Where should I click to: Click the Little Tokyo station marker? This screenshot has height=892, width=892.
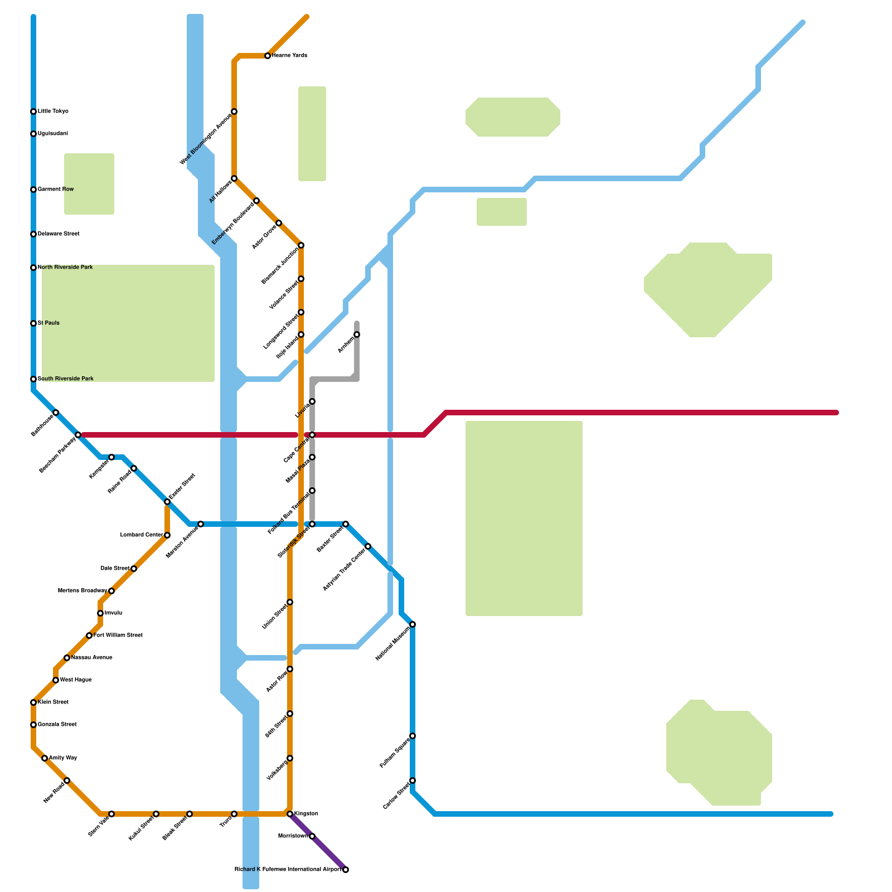click(33, 111)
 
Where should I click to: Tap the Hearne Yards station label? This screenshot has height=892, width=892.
click(289, 56)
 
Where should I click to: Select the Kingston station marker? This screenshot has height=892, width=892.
click(290, 814)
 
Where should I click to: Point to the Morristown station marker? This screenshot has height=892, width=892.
click(312, 836)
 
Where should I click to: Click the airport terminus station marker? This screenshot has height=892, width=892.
click(346, 870)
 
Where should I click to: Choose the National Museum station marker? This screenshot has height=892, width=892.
click(413, 624)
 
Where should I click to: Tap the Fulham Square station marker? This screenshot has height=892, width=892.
click(413, 736)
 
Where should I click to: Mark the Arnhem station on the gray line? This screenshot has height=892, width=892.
click(357, 334)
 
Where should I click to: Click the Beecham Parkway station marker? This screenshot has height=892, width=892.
click(78, 435)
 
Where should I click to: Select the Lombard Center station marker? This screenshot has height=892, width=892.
click(167, 535)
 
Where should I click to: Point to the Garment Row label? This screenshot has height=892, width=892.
click(56, 190)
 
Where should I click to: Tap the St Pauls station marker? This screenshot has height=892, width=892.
click(33, 323)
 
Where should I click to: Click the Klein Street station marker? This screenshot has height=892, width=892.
click(33, 702)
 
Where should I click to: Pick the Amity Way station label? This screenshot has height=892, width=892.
click(63, 758)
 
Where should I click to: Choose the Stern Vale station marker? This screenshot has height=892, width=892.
click(111, 814)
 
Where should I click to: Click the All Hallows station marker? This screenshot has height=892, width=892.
click(234, 178)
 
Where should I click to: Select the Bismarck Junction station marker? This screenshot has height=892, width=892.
click(301, 245)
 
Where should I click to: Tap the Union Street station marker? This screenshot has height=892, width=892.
click(290, 602)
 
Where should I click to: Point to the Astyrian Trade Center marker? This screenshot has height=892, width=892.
click(368, 546)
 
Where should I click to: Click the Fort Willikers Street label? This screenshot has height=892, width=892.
click(118, 636)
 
